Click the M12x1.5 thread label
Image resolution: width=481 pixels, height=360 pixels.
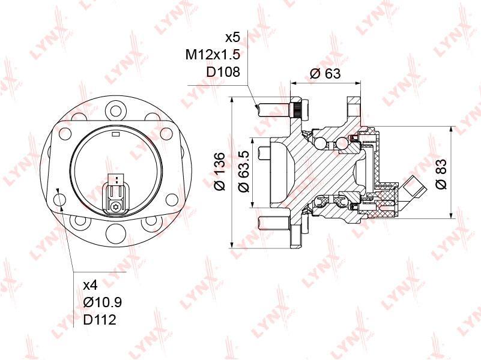pos(213,55)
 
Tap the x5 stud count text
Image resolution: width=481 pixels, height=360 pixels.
pos(232,38)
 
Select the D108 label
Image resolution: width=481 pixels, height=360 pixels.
pos(223,72)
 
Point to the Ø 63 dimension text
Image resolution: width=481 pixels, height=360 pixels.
pos(325,74)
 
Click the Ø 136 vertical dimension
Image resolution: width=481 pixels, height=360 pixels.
pos(220,172)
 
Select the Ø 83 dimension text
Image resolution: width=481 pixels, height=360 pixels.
pos(441,174)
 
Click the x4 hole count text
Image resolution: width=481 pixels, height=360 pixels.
pos(91,286)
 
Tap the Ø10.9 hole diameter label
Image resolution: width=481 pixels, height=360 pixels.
pos(103,302)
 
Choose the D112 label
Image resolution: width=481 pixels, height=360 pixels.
pos(100,320)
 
